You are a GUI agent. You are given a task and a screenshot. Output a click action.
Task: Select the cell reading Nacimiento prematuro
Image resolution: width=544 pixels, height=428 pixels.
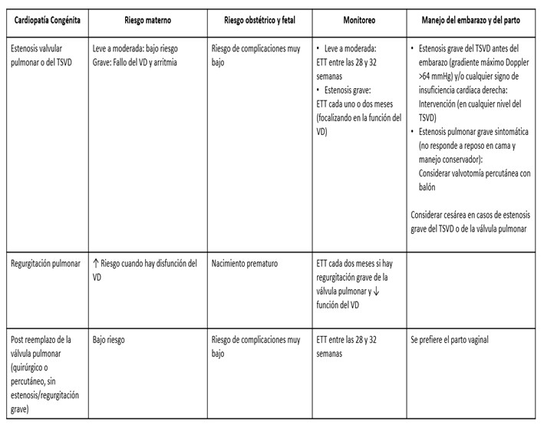[245, 265]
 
